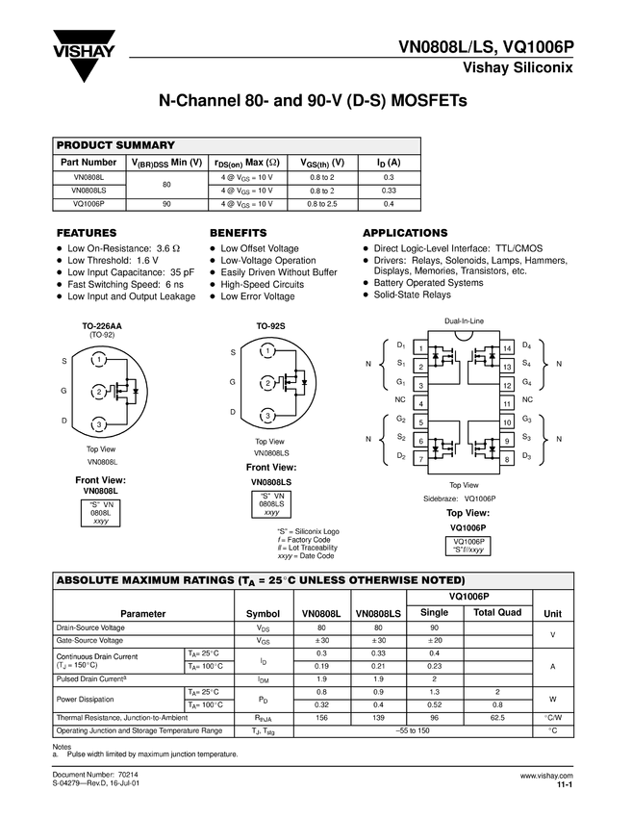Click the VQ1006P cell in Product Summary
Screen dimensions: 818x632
[88, 204]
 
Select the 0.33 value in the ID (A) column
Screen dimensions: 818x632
[389, 191]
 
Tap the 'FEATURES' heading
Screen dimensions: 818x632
[88, 233]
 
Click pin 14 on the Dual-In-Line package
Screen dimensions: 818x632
[506, 346]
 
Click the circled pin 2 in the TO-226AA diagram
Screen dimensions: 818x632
[98, 392]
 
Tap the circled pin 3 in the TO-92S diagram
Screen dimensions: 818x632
[268, 416]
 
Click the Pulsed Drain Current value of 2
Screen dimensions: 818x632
[435, 678]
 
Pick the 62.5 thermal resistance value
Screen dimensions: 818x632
[497, 718]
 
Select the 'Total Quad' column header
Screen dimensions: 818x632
[497, 613]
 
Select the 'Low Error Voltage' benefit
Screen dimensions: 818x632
[257, 297]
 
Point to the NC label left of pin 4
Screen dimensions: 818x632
[400, 398]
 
